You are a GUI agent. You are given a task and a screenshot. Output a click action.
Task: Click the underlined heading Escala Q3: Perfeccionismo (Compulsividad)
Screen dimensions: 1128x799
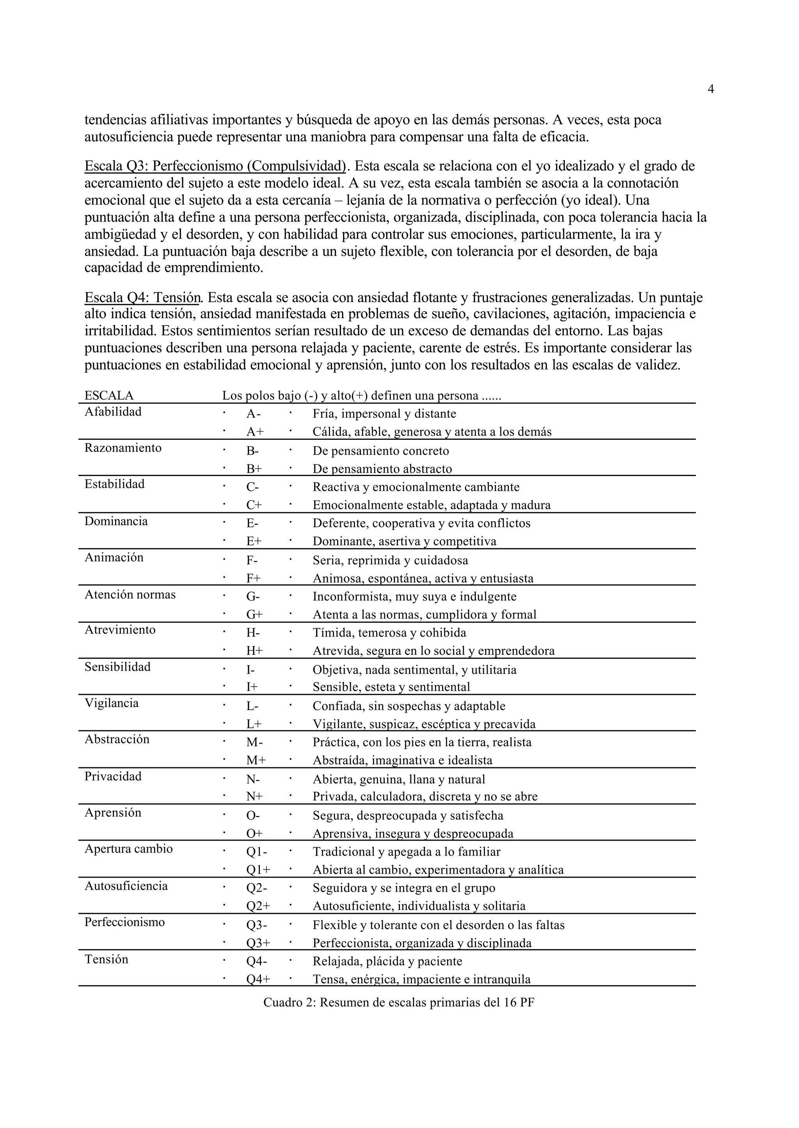215,166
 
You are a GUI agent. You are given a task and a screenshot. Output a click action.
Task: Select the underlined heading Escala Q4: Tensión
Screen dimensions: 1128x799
143,297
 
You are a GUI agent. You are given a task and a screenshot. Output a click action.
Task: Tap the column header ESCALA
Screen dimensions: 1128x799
109,396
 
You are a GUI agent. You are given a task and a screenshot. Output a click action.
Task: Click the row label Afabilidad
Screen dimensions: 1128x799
113,412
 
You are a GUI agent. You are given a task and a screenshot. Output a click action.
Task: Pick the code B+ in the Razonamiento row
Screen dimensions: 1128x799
254,469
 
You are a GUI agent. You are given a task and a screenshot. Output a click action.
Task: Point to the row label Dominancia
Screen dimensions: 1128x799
116,521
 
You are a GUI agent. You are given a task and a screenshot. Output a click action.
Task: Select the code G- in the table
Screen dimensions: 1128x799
253,597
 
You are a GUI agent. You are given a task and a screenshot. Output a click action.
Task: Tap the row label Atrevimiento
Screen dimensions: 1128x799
120,630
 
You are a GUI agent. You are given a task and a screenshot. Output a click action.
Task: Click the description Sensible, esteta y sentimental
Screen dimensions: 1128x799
391,687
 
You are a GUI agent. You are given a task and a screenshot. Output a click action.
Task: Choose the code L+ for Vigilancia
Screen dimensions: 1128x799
254,724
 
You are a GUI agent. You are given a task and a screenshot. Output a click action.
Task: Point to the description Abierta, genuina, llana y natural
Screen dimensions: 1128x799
398,779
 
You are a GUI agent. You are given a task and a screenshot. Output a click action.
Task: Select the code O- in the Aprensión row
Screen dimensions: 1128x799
253,815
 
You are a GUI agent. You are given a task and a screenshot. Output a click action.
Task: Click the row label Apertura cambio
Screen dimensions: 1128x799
128,849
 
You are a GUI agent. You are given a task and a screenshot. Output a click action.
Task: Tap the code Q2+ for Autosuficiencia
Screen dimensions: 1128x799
258,906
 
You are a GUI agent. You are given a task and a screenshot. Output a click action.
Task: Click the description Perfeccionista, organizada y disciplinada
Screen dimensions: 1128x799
422,943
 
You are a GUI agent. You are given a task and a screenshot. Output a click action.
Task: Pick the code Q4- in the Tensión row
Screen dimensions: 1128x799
257,961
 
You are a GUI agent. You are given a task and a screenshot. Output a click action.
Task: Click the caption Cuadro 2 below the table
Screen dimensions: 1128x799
398,1002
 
